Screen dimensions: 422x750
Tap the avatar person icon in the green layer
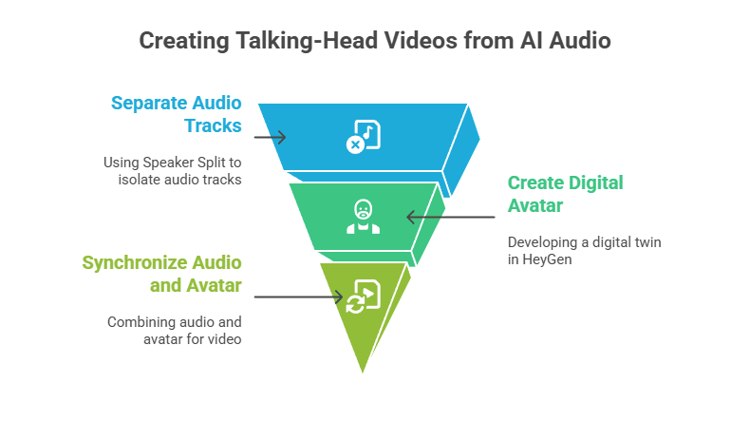click(x=363, y=216)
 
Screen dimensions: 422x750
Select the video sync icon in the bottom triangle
click(x=364, y=296)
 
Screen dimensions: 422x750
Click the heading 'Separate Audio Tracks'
click(x=177, y=114)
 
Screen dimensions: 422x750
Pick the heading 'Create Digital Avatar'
click(x=566, y=193)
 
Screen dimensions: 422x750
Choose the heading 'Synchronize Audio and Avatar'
click(x=162, y=273)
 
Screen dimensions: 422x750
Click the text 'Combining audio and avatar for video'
click(x=175, y=330)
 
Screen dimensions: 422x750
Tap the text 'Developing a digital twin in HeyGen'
click(x=584, y=251)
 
